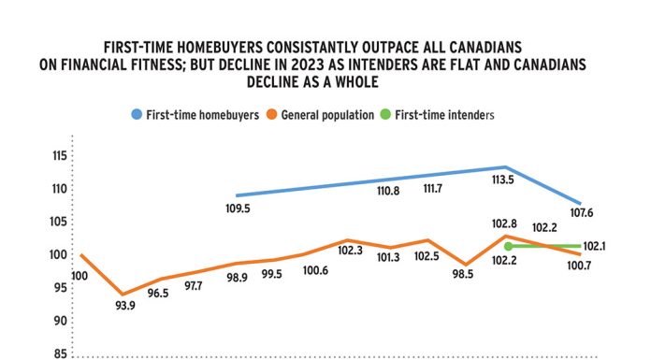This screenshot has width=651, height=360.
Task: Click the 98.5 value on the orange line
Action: click(465, 275)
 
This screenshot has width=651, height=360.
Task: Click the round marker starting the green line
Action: click(508, 247)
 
